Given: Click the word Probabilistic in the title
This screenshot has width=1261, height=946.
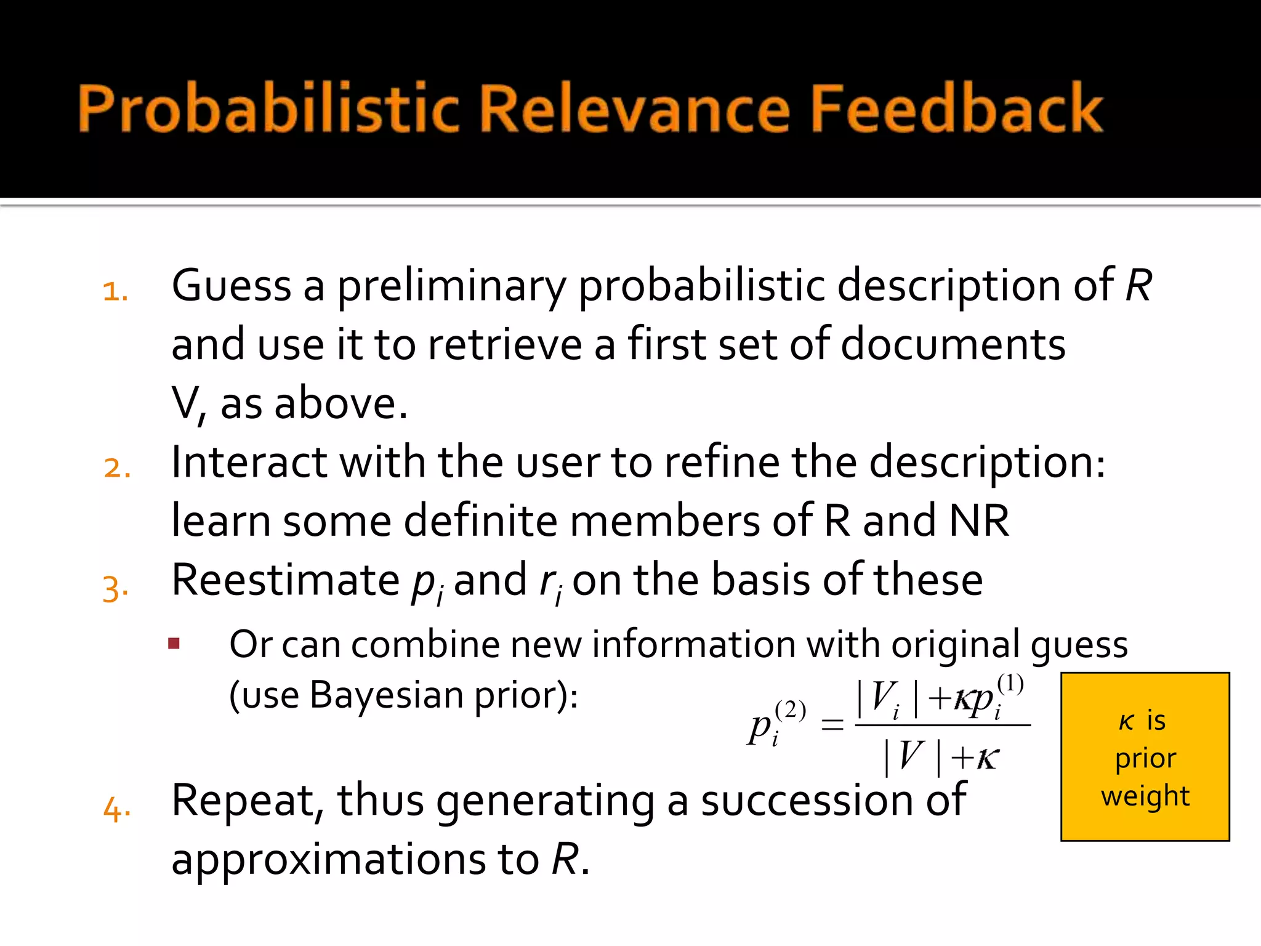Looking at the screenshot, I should coord(268,109).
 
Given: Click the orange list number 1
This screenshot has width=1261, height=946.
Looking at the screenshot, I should coord(115,291).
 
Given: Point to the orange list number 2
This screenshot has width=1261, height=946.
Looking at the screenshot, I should coord(116,468).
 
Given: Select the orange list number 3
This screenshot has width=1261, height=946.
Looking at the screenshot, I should coord(115,588).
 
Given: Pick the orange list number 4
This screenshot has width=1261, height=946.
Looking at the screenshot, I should coord(116,809).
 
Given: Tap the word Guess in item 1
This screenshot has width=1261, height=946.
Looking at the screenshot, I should coord(231,286).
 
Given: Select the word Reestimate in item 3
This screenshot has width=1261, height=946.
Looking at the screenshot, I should coord(285,580).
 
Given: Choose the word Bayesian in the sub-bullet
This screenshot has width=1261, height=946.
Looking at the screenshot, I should coord(386,696).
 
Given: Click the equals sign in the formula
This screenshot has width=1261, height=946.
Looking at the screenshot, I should coord(832,724).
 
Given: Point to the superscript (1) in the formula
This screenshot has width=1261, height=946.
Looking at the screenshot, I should coord(1010,684).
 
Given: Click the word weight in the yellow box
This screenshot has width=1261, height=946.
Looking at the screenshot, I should coord(1145,796).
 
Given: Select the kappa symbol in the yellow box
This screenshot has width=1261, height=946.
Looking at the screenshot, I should coord(1126,721).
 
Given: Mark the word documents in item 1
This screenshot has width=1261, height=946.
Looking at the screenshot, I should coord(953,345).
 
